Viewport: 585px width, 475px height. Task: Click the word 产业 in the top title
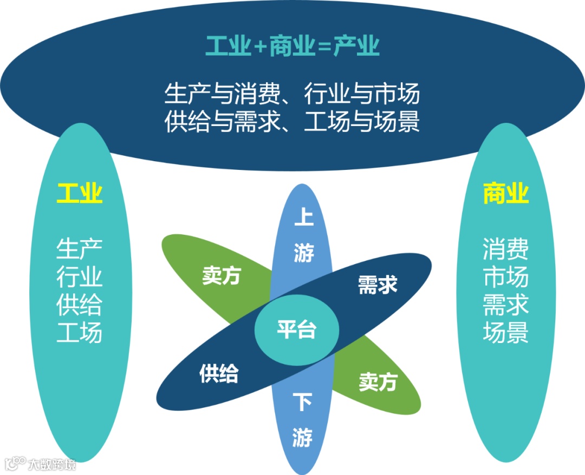coord(356,47)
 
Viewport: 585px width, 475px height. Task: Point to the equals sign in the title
coord(324,48)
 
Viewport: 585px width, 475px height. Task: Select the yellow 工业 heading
coord(80,193)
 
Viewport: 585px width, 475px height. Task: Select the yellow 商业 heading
coord(505,193)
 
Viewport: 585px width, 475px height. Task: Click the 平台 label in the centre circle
coord(296,329)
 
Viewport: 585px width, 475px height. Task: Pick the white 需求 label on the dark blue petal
coord(378,285)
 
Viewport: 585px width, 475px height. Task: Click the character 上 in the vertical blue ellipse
coord(303,217)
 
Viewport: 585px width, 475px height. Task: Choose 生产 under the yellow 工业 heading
coord(80,250)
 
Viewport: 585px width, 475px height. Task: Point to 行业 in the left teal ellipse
coord(80,278)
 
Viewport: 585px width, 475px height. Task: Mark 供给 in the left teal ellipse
coord(80,305)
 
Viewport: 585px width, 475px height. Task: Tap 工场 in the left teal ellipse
coord(80,333)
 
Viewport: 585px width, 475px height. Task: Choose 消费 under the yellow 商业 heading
coord(505,250)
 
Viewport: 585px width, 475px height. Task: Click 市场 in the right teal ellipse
coord(505,278)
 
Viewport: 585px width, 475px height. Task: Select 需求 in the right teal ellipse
coord(505,305)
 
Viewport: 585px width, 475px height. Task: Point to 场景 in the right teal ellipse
coord(505,333)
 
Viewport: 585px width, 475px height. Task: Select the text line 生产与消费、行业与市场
coord(292,95)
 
